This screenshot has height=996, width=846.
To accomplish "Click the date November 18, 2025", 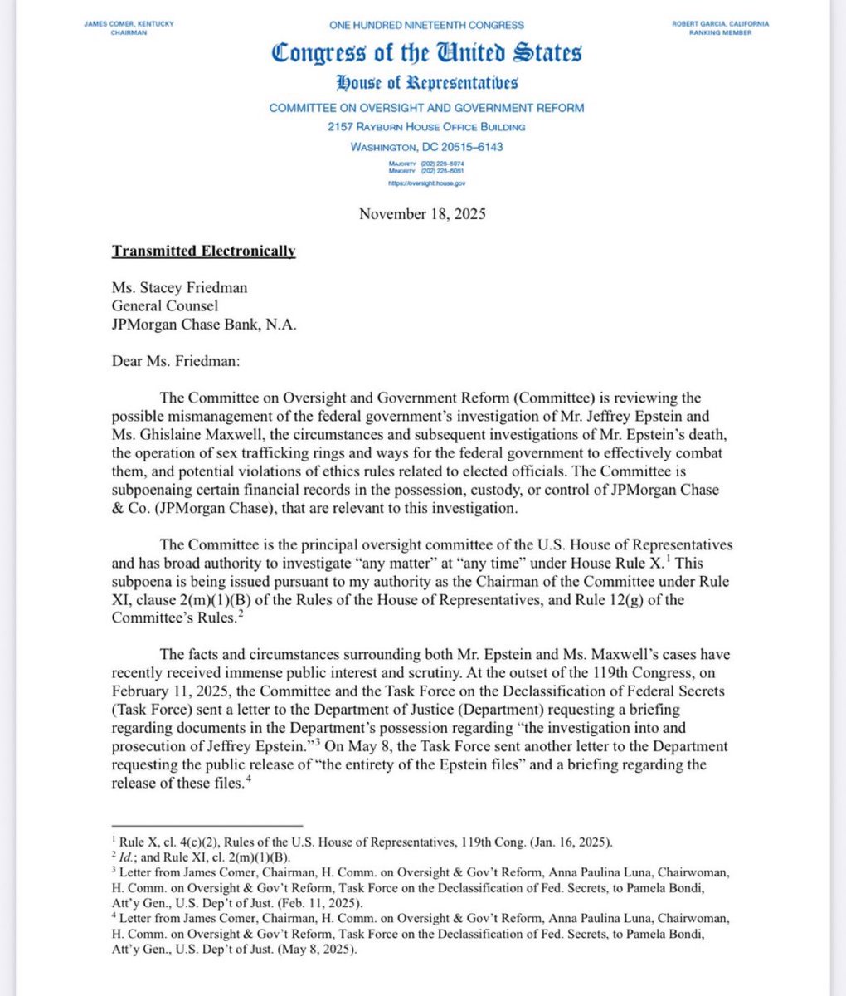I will pos(422,214).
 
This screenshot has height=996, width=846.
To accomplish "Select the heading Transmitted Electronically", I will pos(204,251).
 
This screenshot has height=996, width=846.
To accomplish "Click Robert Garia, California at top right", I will pos(720,24).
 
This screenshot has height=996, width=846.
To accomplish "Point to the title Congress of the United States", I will pos(426,53).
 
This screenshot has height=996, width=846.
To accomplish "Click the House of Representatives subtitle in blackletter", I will pos(426,82).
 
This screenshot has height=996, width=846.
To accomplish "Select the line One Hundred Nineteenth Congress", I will pos(426,25).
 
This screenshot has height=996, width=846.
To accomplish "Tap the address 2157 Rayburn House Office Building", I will pos(426,127).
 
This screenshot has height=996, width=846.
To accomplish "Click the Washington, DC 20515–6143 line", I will pos(426,147).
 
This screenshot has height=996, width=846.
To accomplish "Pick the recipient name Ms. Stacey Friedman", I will pos(179,288).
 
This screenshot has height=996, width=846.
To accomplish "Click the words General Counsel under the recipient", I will pos(166,305).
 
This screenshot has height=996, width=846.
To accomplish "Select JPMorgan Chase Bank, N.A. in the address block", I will pos(202,323).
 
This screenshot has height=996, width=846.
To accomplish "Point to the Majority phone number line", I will pos(426,164).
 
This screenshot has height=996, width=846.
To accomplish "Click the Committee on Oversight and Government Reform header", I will pos(426,108).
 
